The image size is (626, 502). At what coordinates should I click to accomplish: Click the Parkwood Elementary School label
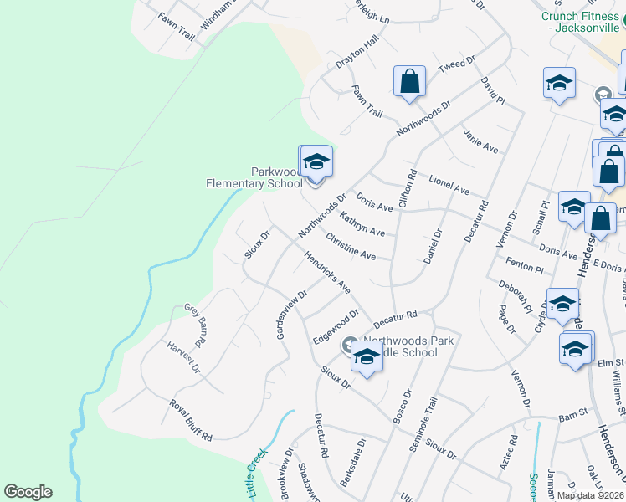click(x=254, y=177)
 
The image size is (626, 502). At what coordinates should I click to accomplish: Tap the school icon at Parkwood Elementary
click(x=316, y=161)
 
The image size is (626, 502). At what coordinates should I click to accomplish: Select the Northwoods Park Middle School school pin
click(x=367, y=357)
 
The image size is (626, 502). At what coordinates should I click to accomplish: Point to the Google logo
click(x=28, y=492)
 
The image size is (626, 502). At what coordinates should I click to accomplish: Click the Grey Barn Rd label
click(x=195, y=326)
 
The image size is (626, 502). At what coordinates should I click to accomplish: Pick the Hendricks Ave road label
click(x=327, y=273)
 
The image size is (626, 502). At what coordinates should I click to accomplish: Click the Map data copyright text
click(x=590, y=494)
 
